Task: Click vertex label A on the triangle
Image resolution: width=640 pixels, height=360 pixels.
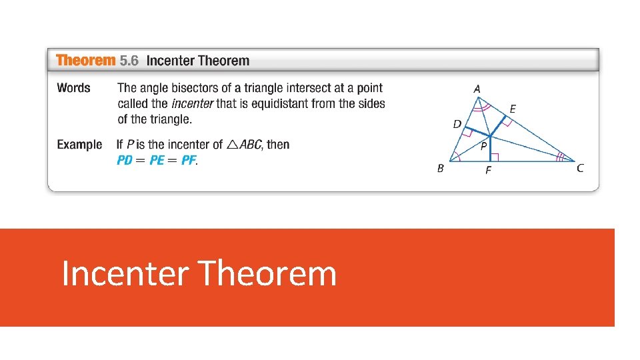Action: (x=477, y=89)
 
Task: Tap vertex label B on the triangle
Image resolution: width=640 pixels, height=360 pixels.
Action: (x=440, y=169)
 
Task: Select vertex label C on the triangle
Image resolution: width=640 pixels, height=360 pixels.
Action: (x=580, y=169)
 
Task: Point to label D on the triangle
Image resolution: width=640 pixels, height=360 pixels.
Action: (x=457, y=124)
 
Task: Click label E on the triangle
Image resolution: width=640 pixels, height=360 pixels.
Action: (x=513, y=109)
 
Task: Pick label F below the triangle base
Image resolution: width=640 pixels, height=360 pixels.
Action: (x=488, y=171)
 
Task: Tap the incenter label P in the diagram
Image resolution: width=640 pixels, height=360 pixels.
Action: (x=483, y=147)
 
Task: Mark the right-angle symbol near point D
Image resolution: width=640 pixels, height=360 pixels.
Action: (x=468, y=133)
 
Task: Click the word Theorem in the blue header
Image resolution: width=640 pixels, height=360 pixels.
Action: (x=86, y=61)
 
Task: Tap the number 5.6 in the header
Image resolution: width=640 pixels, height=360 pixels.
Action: (x=129, y=61)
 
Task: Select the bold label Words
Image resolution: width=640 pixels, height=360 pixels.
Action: (x=73, y=88)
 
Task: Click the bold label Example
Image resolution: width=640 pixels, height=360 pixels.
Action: (x=79, y=145)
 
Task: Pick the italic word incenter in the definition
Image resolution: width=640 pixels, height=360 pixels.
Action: (x=193, y=103)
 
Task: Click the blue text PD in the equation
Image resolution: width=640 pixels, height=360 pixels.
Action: (x=125, y=161)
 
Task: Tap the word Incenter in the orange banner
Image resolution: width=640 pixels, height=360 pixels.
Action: (x=126, y=273)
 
